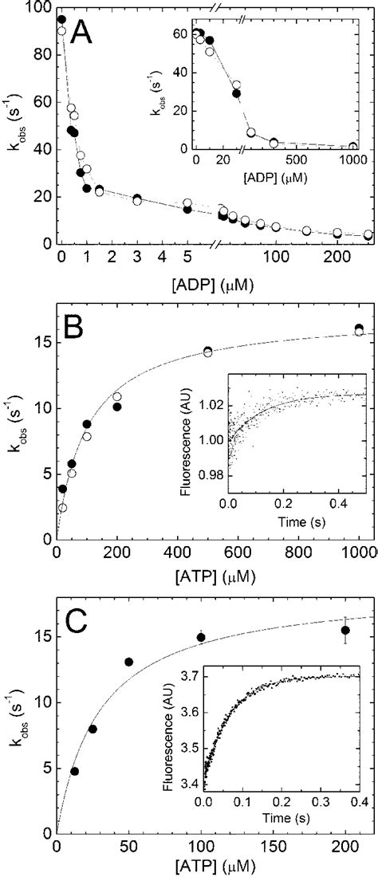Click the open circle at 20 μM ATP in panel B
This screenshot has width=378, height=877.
click(62, 507)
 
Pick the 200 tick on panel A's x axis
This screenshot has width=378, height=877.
click(337, 260)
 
